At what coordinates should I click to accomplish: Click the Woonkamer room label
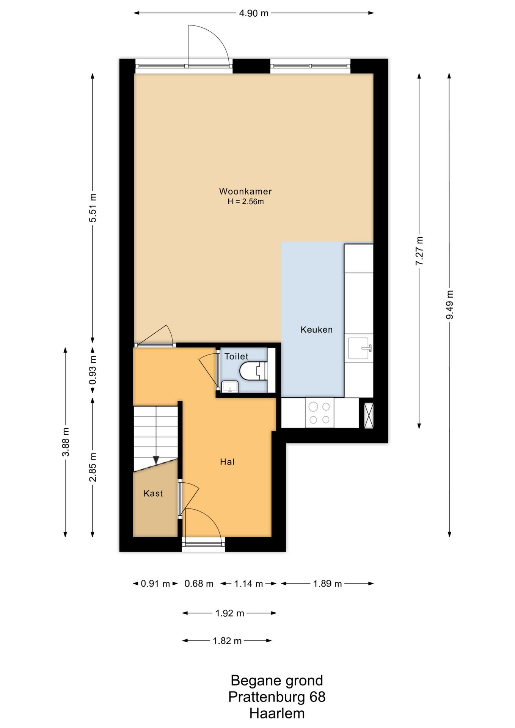click(x=245, y=191)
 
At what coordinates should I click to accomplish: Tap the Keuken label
click(x=316, y=330)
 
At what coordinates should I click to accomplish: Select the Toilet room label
click(x=236, y=356)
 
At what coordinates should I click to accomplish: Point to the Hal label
click(x=227, y=462)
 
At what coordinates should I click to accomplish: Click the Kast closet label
click(x=153, y=493)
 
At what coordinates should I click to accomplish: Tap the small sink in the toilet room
click(x=229, y=387)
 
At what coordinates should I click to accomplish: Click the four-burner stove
click(x=319, y=413)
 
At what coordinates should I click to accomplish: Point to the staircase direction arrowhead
click(x=156, y=460)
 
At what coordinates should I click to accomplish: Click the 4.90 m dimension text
click(x=254, y=13)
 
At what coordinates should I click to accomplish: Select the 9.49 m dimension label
click(x=450, y=305)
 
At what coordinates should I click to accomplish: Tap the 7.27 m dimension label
click(x=419, y=251)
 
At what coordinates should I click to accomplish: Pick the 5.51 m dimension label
click(x=93, y=208)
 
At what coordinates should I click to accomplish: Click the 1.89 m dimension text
click(x=327, y=584)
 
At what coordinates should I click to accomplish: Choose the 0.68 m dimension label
click(x=199, y=584)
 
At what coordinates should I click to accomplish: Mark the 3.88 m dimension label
click(x=66, y=442)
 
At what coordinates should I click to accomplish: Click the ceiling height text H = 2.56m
click(x=245, y=201)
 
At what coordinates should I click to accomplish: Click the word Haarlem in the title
click(x=277, y=713)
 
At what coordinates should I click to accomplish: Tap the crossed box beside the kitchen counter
click(x=368, y=415)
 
